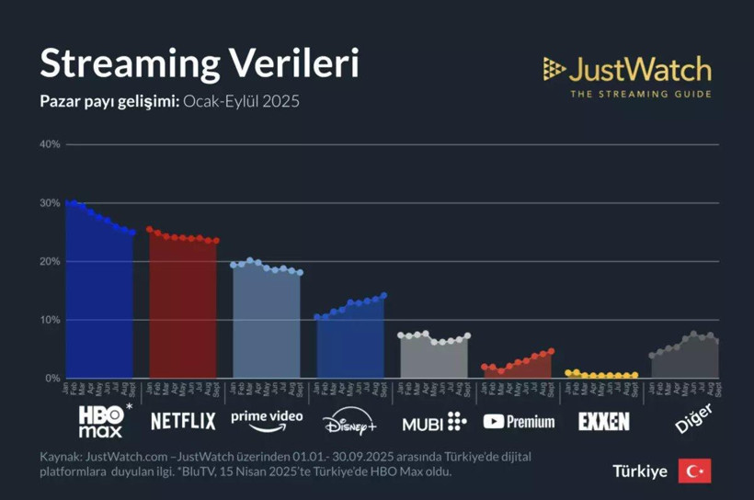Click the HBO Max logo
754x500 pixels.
101,421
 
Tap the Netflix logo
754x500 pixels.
183,421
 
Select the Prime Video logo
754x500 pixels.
267,419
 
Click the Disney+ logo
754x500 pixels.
349,422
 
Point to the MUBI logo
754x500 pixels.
434,422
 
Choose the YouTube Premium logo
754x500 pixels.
519,421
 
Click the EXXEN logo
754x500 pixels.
604,421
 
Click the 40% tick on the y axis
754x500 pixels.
50,144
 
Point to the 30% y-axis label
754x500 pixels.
50,203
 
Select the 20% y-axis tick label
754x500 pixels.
50,262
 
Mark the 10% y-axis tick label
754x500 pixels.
50,320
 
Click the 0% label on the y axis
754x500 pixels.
52,379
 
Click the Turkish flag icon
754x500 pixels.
694,471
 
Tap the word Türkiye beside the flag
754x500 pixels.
640,471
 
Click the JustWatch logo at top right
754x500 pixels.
627,70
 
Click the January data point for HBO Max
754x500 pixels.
68,202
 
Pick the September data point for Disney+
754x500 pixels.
383,296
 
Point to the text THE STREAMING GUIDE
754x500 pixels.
640,94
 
